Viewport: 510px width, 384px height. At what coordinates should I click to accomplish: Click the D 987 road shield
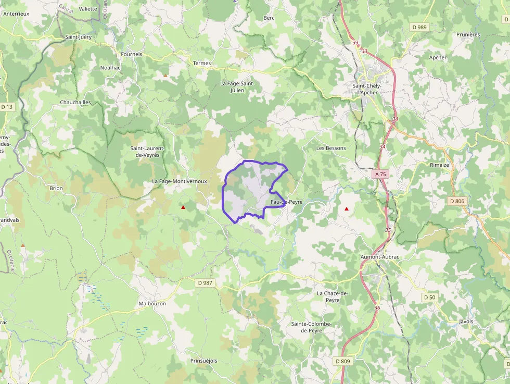tap(206, 283)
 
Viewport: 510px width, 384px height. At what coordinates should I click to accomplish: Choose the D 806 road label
tap(456, 201)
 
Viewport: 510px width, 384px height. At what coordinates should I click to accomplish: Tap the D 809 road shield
tap(342, 361)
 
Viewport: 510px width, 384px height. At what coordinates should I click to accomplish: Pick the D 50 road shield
tap(429, 297)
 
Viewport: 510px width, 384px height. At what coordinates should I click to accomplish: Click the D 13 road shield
tap(7, 107)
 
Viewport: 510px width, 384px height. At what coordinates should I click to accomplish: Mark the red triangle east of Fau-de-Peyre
tap(347, 209)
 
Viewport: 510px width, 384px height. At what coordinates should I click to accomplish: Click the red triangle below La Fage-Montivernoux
tap(183, 207)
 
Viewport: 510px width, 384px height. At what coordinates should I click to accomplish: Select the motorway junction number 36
tap(377, 308)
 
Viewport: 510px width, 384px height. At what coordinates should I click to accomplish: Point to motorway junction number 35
tap(388, 230)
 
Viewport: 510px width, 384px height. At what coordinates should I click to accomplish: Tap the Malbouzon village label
tap(152, 303)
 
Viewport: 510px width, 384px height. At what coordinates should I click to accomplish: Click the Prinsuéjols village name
tap(203, 361)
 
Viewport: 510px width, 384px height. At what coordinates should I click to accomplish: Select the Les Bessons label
tap(331, 148)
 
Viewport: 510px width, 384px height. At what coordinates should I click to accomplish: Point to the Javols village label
tap(466, 321)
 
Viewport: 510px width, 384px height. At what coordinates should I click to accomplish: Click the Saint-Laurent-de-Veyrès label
tap(147, 152)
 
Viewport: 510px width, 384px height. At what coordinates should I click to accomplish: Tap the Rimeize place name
tap(439, 165)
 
